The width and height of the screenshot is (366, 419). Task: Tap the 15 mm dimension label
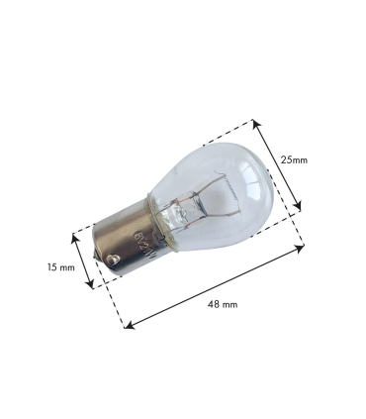(61, 267)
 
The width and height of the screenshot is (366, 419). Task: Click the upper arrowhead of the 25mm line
(256, 122)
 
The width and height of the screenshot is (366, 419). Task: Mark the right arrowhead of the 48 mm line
(304, 248)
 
